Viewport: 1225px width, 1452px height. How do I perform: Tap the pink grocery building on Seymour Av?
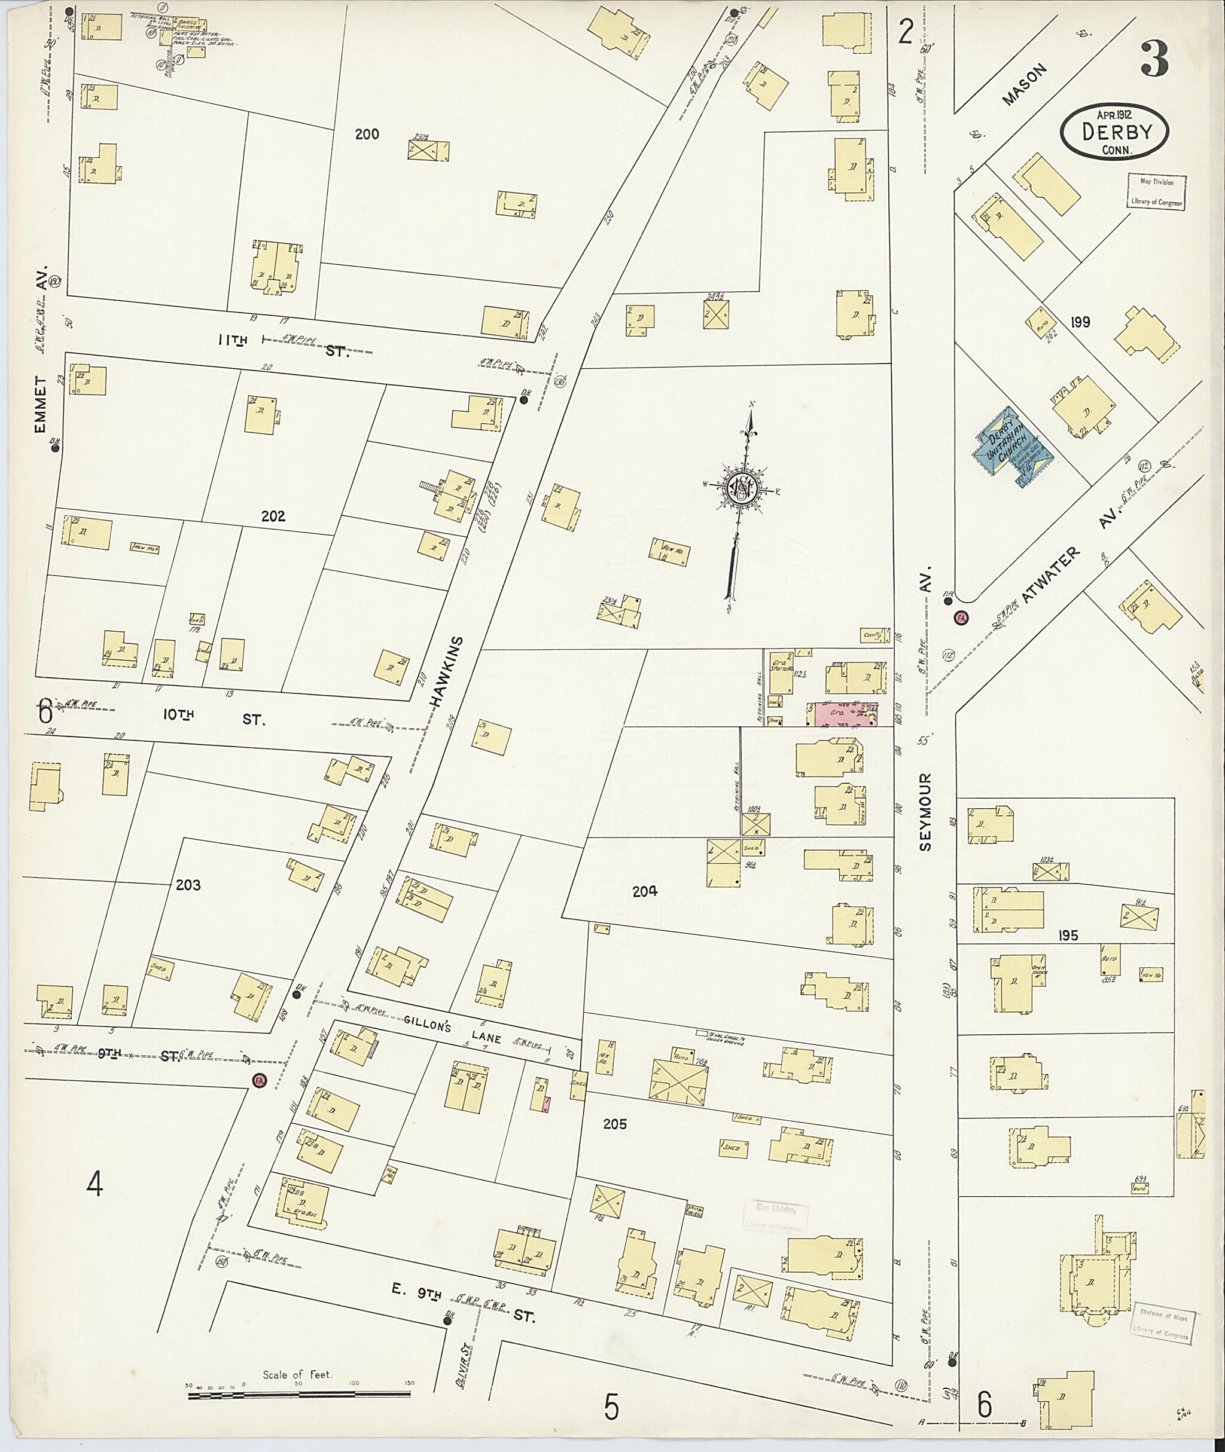(841, 714)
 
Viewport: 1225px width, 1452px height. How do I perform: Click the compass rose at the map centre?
(742, 490)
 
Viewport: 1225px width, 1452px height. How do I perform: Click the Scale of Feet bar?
(300, 1383)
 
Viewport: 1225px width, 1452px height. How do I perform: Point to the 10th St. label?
(215, 719)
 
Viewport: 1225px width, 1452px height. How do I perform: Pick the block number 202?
(273, 516)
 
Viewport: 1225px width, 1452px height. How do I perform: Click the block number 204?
(644, 891)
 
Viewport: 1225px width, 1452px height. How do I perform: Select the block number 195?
(1068, 936)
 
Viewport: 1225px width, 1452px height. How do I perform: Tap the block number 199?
(1080, 322)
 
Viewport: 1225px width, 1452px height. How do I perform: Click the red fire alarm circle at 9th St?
(259, 1081)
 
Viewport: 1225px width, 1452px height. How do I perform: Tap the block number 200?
(367, 134)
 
